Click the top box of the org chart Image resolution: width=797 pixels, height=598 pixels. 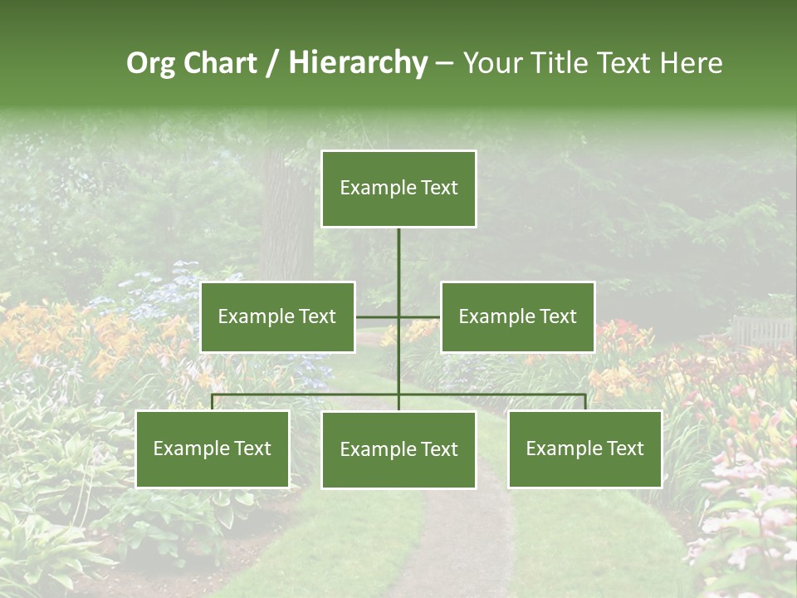[398, 189]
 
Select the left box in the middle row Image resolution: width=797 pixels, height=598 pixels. [277, 316]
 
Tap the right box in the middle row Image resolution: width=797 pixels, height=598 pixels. [517, 316]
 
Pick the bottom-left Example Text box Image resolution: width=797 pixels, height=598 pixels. [213, 449]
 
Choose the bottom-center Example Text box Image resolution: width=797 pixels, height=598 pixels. [398, 449]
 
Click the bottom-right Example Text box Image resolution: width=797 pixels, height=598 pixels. [584, 449]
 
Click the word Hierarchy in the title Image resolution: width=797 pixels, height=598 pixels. [358, 63]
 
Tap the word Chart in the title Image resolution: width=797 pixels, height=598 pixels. [220, 63]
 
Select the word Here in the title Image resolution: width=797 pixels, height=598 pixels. [691, 63]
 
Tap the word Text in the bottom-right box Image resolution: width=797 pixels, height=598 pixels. [624, 449]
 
